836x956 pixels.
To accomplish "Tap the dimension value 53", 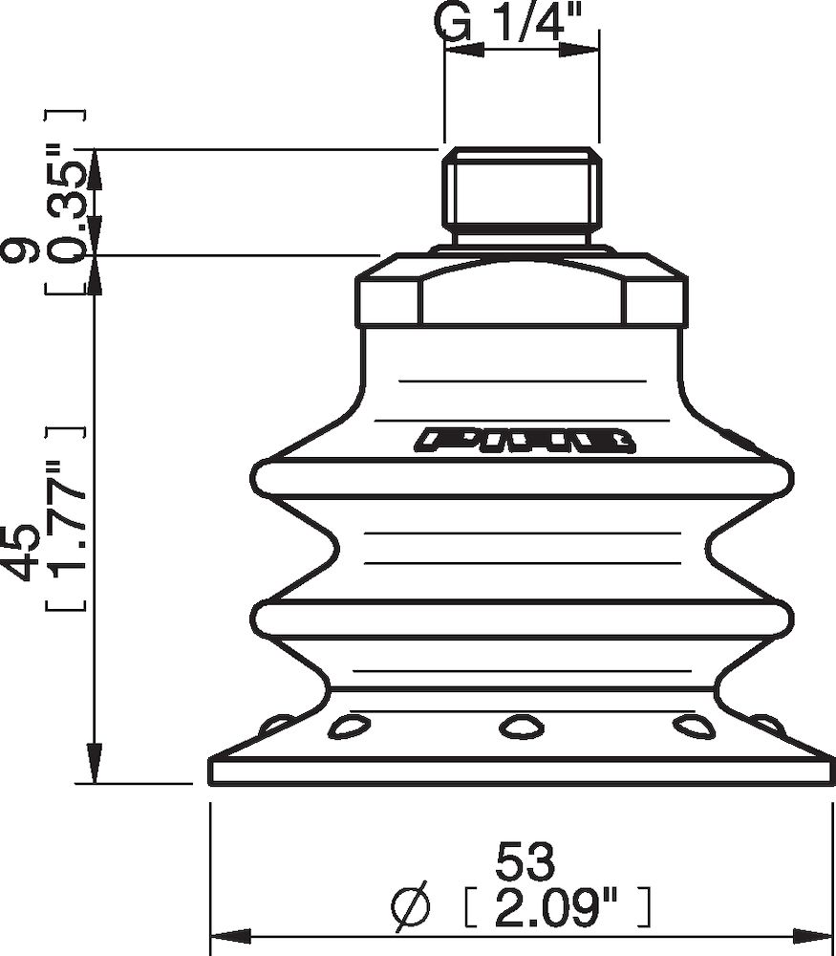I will (x=525, y=862).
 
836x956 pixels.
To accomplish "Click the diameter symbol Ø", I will (x=417, y=902).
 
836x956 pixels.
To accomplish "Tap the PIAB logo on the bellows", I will (x=526, y=440).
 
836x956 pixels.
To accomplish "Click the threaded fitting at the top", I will (x=522, y=196).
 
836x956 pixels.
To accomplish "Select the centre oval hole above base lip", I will (x=520, y=727).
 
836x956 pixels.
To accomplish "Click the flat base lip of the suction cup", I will (x=520, y=771).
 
